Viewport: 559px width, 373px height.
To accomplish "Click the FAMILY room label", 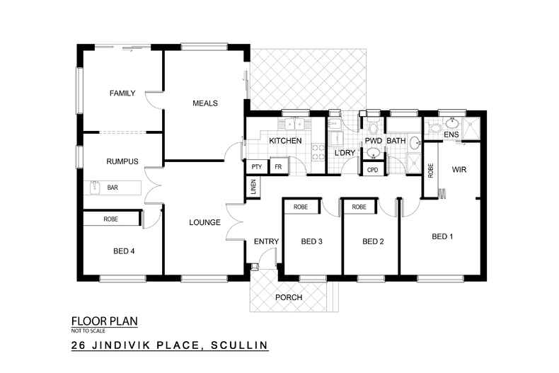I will pyautogui.click(x=122, y=93).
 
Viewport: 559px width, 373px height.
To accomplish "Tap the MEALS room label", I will pyautogui.click(x=205, y=103).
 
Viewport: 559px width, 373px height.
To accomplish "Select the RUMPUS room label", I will pyautogui.click(x=122, y=161).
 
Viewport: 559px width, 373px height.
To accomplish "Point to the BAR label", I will pyautogui.click(x=113, y=188).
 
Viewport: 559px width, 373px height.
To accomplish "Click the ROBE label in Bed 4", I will pyautogui.click(x=111, y=219).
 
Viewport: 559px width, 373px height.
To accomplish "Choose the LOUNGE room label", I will pyautogui.click(x=202, y=222).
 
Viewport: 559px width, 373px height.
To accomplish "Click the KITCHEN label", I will pyautogui.click(x=285, y=141).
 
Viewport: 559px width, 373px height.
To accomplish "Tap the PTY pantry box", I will pyautogui.click(x=256, y=166).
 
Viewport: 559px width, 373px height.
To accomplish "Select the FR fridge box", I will pyautogui.click(x=278, y=166).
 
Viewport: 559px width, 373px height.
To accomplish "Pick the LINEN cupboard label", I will pyautogui.click(x=253, y=188).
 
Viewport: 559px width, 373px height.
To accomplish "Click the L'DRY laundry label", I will pyautogui.click(x=344, y=152).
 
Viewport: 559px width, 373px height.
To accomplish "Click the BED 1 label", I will pyautogui.click(x=442, y=236).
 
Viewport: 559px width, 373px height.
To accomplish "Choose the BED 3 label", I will pyautogui.click(x=311, y=241).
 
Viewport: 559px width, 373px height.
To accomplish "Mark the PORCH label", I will pyautogui.click(x=289, y=297).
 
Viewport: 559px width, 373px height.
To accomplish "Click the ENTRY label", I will pyautogui.click(x=266, y=241).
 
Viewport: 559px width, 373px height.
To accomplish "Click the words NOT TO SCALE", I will pyautogui.click(x=87, y=331).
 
